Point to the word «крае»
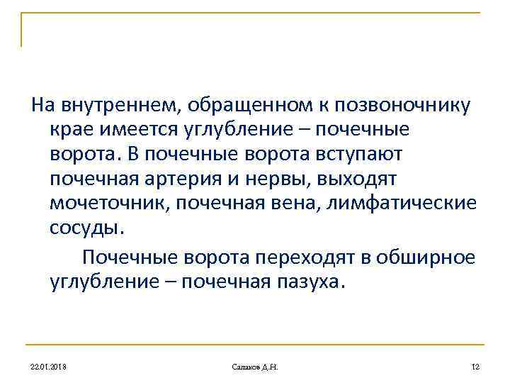pos(70,131)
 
